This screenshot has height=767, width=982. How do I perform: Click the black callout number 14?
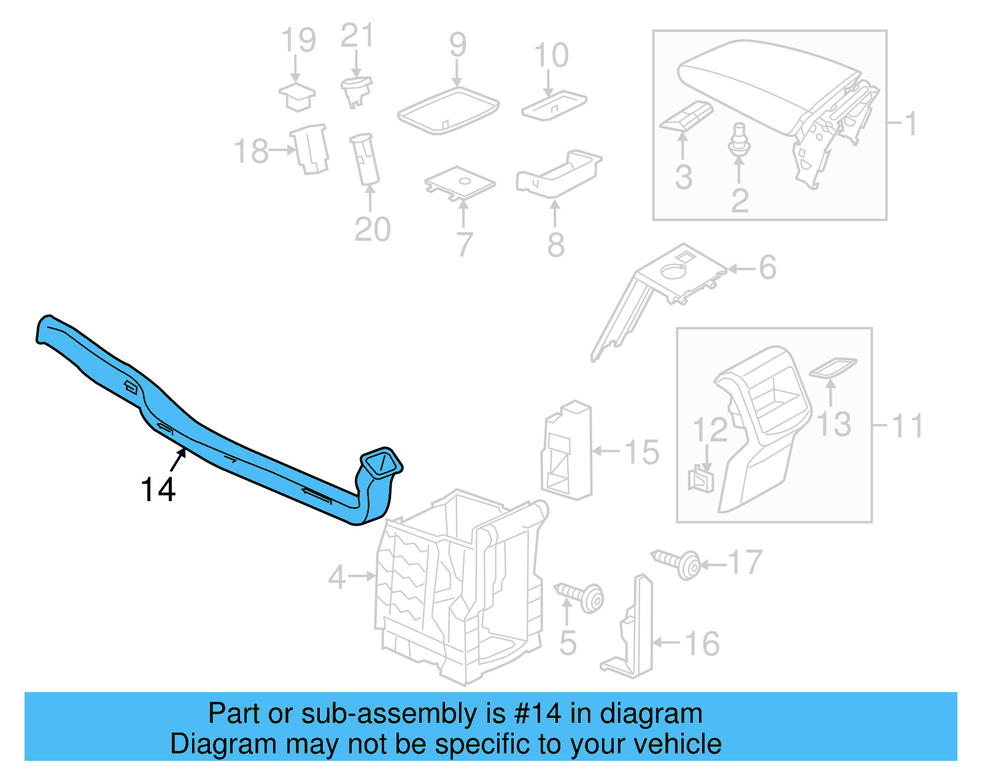(x=158, y=490)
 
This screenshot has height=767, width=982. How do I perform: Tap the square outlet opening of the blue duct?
(x=381, y=462)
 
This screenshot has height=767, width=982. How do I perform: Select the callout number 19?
(x=298, y=41)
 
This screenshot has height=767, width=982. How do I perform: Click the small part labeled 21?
(x=356, y=91)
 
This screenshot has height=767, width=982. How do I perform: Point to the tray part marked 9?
(x=448, y=111)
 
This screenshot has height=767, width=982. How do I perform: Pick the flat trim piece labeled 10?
(x=554, y=105)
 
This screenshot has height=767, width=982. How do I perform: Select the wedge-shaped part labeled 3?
(x=686, y=116)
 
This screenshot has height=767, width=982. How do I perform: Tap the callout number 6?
(x=767, y=268)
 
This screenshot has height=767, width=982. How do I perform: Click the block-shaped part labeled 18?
(x=312, y=149)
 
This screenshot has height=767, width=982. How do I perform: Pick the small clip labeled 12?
(x=701, y=479)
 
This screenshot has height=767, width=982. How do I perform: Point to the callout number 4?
(x=337, y=577)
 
